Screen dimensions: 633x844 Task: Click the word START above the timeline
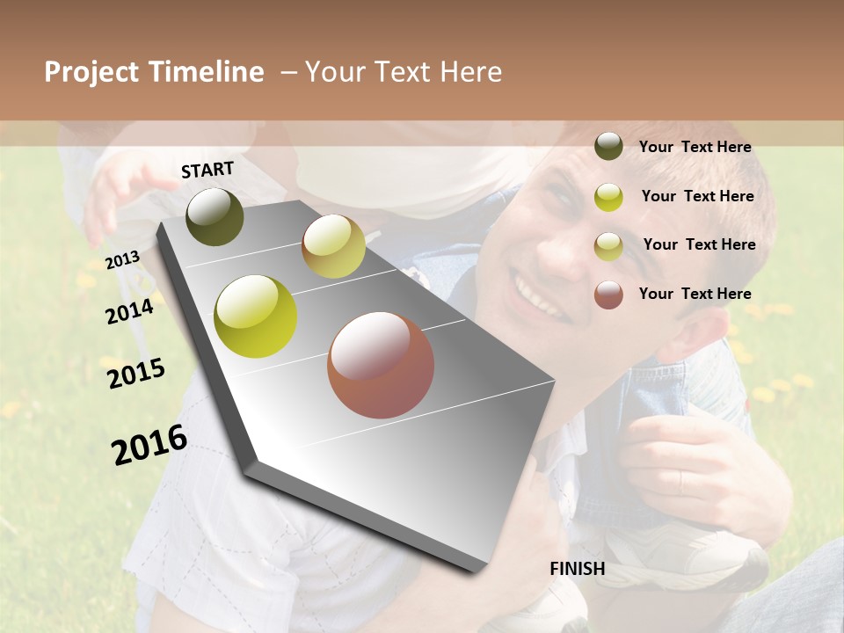tap(207, 170)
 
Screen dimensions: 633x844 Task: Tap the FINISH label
tap(577, 569)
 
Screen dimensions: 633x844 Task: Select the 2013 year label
tap(123, 260)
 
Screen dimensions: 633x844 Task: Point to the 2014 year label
tap(129, 311)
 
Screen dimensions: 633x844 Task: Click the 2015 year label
tap(136, 374)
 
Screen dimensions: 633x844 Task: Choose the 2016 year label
tap(149, 445)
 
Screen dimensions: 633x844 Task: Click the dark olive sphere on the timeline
tap(215, 216)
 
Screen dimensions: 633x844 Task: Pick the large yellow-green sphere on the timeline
tap(256, 316)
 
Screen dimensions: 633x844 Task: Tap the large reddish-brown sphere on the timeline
tap(381, 365)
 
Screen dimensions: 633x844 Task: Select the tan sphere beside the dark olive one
tap(333, 246)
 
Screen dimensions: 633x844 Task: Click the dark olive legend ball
tap(608, 147)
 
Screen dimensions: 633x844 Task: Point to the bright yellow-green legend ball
tap(608, 197)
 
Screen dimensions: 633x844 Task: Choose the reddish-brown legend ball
tap(608, 295)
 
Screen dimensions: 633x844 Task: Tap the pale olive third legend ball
tap(608, 246)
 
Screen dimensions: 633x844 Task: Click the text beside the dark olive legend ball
tap(695, 147)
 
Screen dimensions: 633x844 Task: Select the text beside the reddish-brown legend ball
tap(695, 294)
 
